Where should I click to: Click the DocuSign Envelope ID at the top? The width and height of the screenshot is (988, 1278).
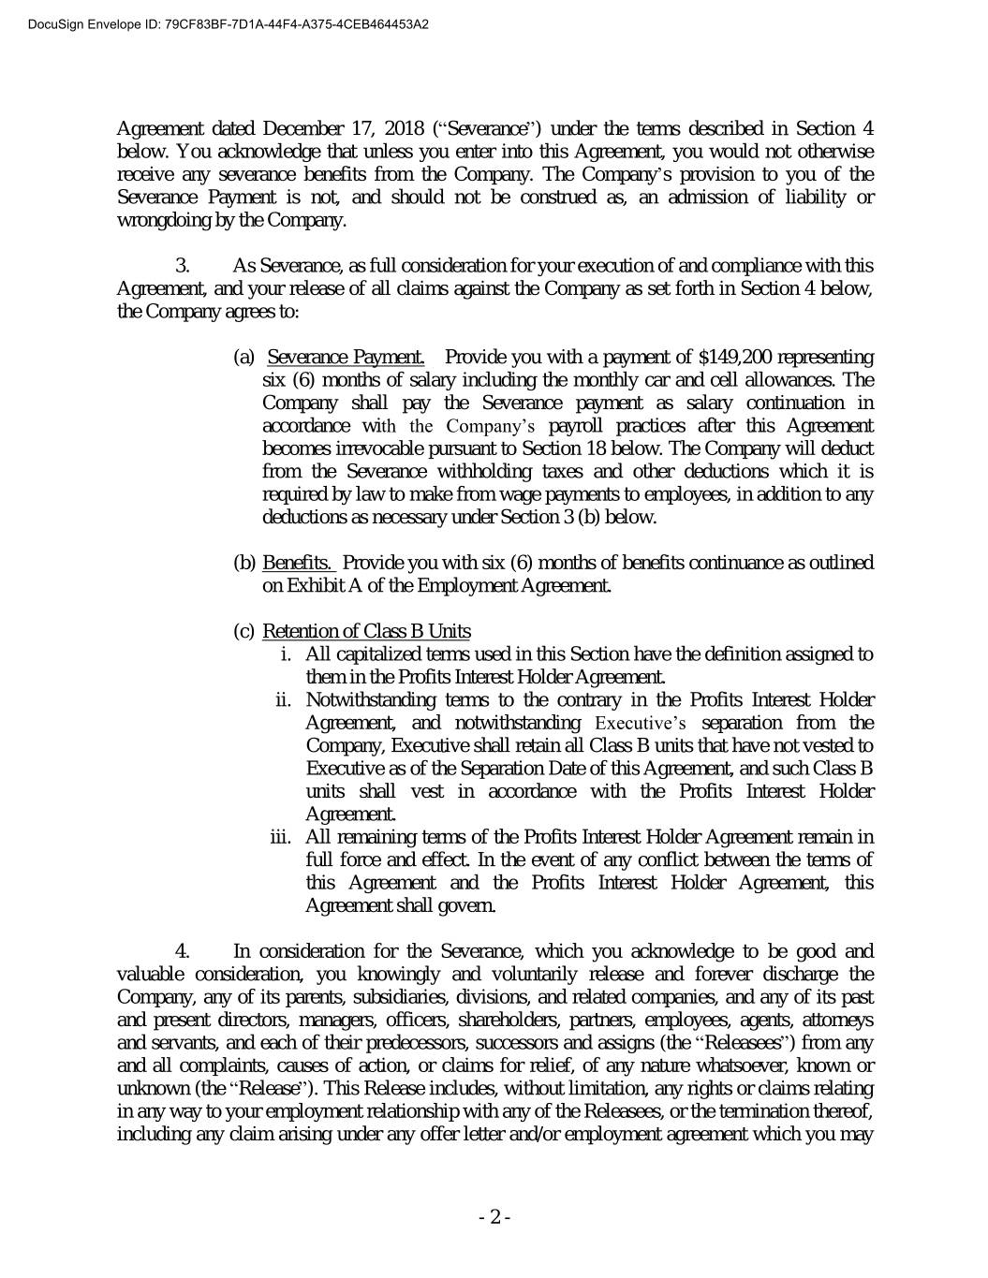(215, 24)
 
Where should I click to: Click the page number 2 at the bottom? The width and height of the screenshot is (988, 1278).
(494, 1217)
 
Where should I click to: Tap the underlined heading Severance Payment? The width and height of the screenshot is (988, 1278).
(346, 358)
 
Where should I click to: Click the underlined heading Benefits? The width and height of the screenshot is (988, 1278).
(299, 563)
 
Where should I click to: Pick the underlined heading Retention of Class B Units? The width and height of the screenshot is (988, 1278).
(366, 631)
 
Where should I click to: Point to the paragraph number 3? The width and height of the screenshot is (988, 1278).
(184, 266)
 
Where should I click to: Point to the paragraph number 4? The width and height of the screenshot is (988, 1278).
(184, 951)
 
